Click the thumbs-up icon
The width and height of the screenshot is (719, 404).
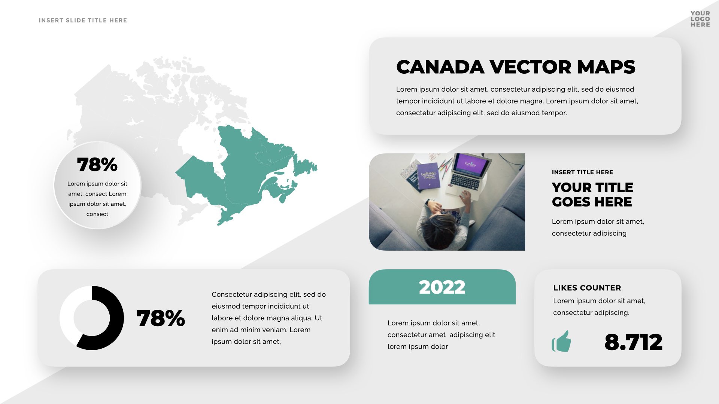click(561, 341)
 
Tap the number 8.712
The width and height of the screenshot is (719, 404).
click(633, 342)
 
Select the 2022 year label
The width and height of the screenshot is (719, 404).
click(442, 287)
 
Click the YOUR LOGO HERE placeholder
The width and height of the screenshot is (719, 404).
click(700, 19)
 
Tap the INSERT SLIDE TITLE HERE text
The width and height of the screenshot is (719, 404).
click(83, 20)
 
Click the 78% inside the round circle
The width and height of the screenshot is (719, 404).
click(97, 165)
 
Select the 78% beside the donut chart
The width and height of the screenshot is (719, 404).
click(161, 318)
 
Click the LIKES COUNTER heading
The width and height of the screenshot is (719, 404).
click(587, 288)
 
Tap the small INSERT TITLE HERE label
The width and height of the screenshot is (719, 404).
click(582, 172)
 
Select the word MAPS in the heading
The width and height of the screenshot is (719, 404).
click(606, 67)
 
